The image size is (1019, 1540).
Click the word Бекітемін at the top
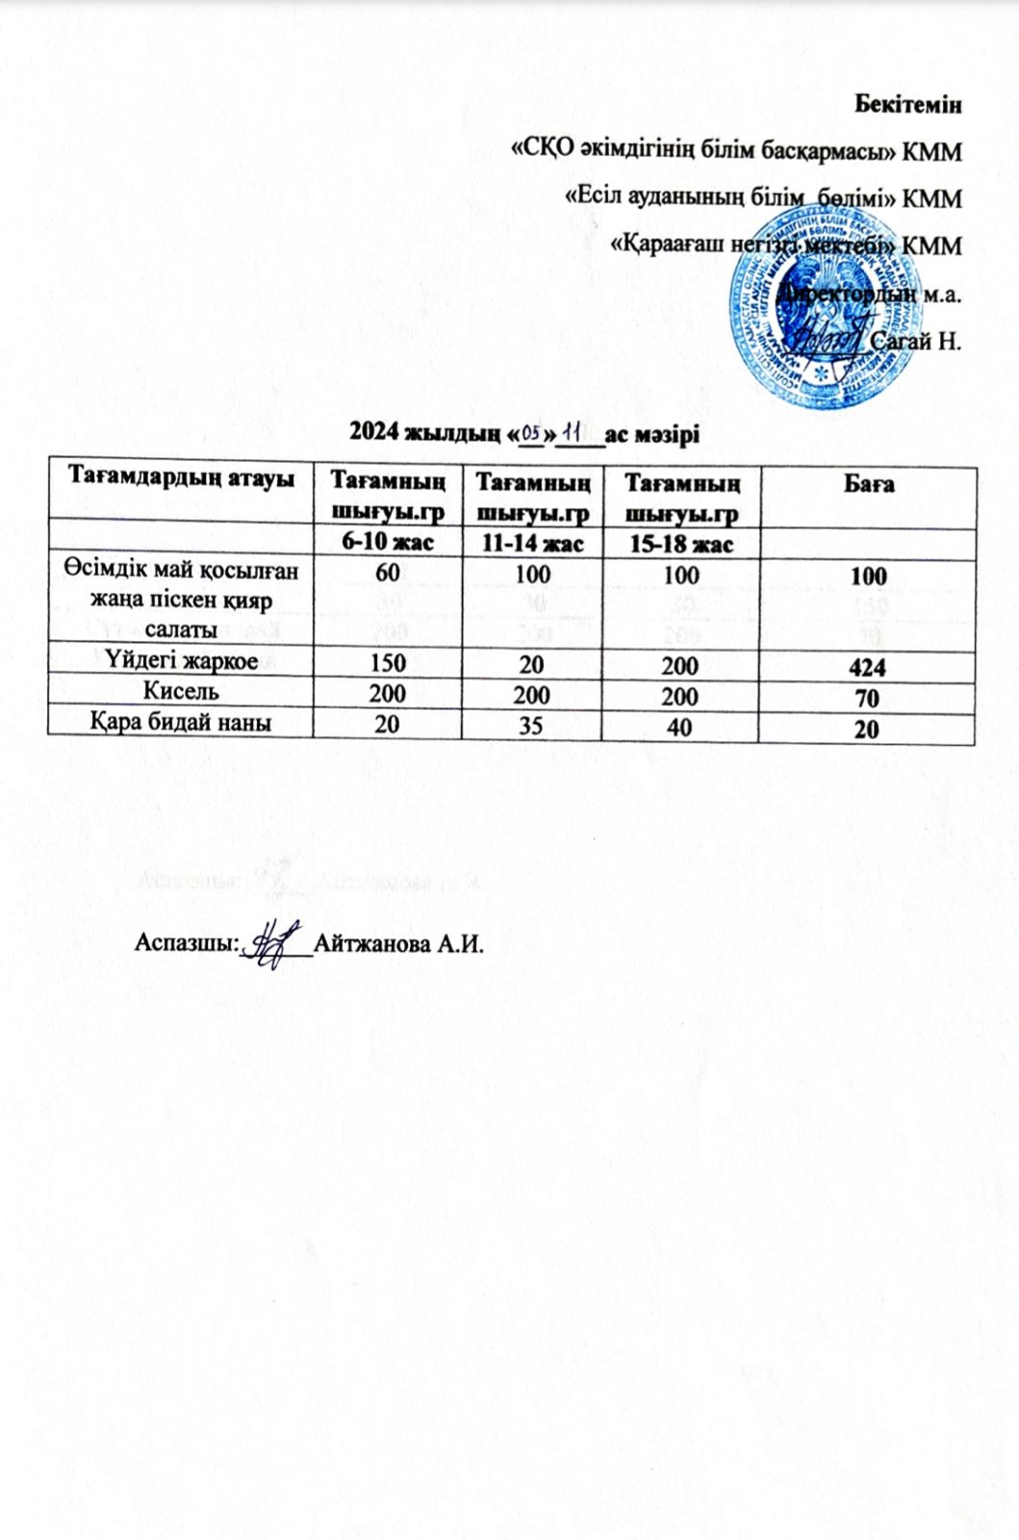[908, 105]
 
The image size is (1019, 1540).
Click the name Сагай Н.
[915, 341]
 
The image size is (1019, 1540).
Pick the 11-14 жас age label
[532, 544]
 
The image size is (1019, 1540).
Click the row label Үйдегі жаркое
[180, 662]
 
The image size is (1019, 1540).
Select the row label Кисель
[180, 690]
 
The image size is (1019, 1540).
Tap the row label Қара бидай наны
[180, 722]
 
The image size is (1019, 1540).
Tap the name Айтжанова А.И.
[396, 943]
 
